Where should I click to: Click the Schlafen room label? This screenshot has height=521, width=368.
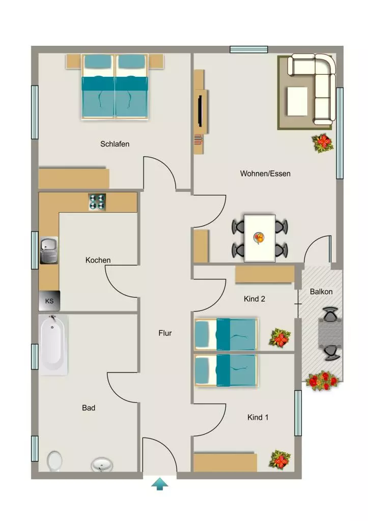[115, 144]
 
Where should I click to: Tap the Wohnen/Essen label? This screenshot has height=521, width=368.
[265, 173]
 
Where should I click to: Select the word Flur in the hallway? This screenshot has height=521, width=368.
[165, 333]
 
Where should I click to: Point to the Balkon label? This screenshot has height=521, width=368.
[321, 292]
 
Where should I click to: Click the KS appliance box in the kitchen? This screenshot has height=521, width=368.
[49, 301]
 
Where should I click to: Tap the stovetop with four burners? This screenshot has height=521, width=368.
[97, 202]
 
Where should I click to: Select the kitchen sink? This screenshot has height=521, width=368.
[49, 250]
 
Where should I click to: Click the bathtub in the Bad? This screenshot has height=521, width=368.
[53, 345]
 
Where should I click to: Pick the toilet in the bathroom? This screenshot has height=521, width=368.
[54, 461]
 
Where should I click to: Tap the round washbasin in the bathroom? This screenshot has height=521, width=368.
[102, 465]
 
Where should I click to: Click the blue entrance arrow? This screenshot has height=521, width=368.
[160, 484]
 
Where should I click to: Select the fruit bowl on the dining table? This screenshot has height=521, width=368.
[259, 238]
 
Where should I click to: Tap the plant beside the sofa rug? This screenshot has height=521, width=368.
[323, 143]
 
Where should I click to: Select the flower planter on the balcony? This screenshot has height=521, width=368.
[323, 381]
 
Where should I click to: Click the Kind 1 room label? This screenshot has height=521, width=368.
[258, 417]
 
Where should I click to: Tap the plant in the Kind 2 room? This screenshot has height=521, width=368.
[279, 338]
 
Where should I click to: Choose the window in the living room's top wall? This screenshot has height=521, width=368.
[249, 49]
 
